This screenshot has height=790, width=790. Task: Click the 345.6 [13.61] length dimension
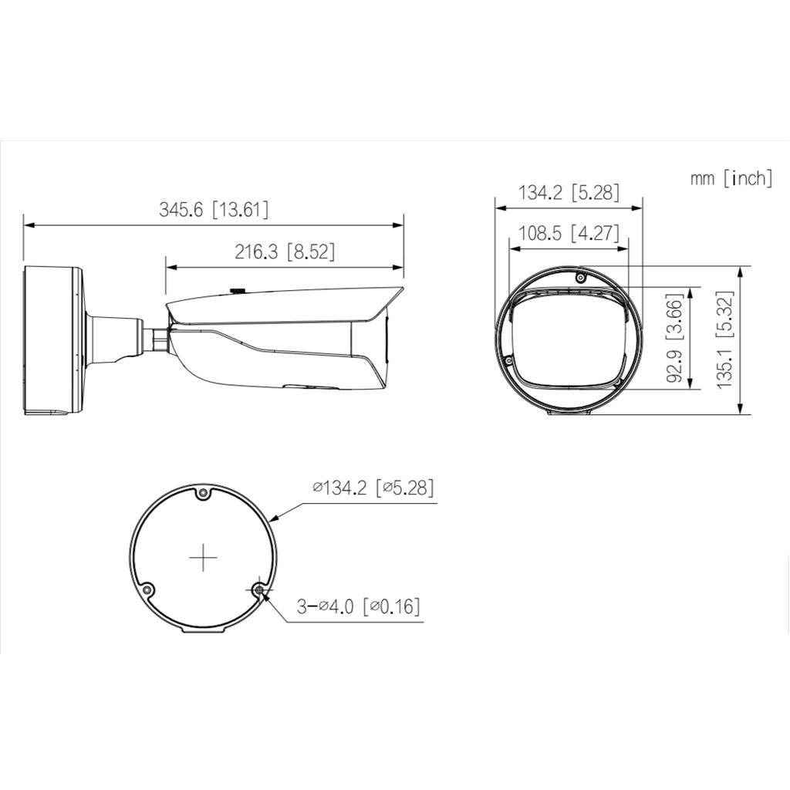coord(214,209)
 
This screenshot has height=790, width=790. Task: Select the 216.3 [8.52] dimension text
coord(284,252)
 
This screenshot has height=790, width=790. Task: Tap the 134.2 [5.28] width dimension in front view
coord(568,192)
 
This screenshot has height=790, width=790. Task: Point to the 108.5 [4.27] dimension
coord(568,233)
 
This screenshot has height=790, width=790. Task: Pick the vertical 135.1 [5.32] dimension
coord(725,340)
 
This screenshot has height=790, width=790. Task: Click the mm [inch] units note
coord(731,178)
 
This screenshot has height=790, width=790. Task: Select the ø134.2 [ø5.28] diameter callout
coord(373,488)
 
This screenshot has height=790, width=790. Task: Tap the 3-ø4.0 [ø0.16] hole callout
coord(360,606)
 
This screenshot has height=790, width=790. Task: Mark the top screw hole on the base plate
coord(203,492)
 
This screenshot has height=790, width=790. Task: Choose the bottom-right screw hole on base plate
coord(259,590)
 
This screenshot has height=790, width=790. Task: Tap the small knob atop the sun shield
coord(237,291)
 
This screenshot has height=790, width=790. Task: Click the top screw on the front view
coord(580,276)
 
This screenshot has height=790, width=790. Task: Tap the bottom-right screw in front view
coord(619,381)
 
